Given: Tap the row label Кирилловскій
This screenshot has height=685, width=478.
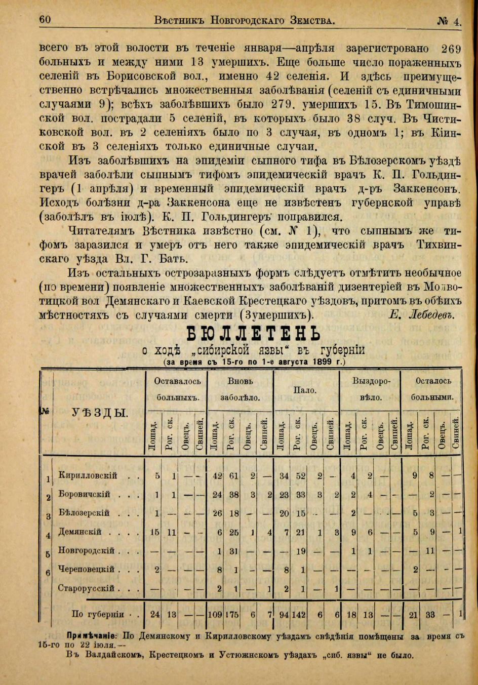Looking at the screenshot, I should pyautogui.click(x=88, y=475).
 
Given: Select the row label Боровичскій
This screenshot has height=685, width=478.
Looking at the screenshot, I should pyautogui.click(x=88, y=494).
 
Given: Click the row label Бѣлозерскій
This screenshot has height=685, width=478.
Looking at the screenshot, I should pyautogui.click(x=85, y=512).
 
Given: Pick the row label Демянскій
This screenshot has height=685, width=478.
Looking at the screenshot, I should pyautogui.click(x=82, y=532).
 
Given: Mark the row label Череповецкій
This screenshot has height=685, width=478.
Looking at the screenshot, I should pyautogui.click(x=88, y=569).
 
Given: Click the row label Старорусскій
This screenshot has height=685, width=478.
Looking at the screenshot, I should pyautogui.click(x=87, y=588).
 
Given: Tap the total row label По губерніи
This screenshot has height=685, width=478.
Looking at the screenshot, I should pyautogui.click(x=98, y=614).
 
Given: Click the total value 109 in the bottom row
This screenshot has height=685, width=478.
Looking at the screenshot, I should pyautogui.click(x=215, y=615).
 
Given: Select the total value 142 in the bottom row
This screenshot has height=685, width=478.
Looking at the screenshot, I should pyautogui.click(x=299, y=615).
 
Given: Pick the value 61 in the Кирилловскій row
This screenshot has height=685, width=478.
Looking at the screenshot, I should pyautogui.click(x=233, y=475).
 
